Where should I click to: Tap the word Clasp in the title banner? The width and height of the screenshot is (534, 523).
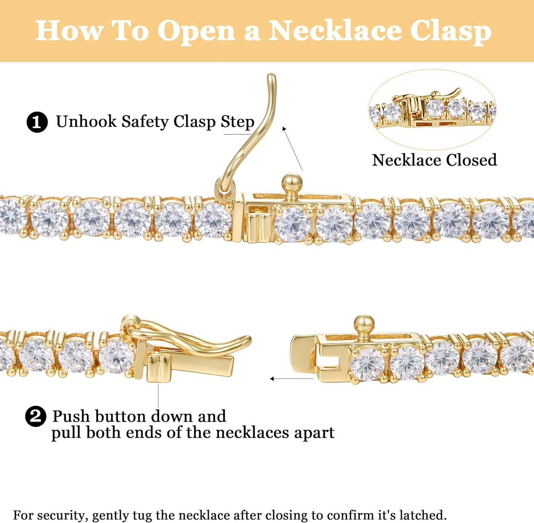tap(451, 32)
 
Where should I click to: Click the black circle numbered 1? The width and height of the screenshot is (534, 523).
tap(37, 122)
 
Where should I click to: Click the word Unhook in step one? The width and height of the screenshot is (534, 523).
tap(86, 121)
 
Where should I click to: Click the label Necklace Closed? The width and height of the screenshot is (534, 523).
tap(434, 160)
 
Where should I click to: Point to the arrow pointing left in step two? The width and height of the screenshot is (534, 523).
tap(292, 378)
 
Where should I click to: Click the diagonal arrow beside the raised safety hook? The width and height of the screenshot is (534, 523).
tap(292, 148)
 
